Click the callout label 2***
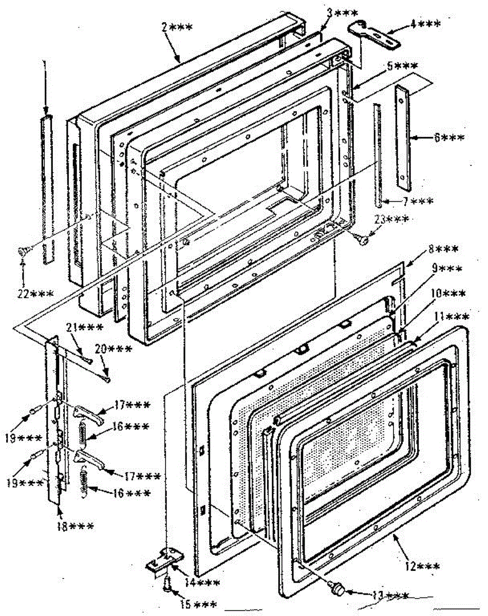(177, 28)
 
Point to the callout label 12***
(421, 566)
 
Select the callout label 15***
(198, 604)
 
